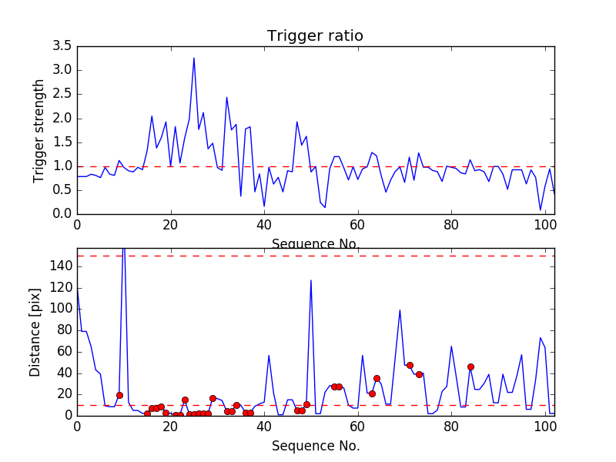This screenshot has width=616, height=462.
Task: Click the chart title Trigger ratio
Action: click(x=315, y=35)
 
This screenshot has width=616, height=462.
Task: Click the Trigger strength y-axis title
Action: click(x=39, y=131)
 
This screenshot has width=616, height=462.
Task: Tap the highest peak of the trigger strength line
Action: click(x=194, y=58)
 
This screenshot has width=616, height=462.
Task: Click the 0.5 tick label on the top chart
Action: click(x=62, y=190)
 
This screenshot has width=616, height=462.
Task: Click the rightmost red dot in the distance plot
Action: click(x=470, y=367)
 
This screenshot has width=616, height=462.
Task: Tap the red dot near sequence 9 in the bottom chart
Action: click(x=119, y=395)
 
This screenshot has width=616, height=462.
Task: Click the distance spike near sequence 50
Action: click(x=311, y=280)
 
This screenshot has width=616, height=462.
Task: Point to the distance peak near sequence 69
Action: click(x=400, y=310)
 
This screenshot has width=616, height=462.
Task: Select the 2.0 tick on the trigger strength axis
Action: click(x=62, y=119)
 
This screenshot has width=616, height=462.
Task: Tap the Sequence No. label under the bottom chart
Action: click(x=316, y=446)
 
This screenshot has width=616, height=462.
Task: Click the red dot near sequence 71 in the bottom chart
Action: click(x=410, y=365)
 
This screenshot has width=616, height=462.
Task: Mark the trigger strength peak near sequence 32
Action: click(x=226, y=97)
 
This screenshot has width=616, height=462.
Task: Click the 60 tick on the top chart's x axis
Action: click(x=357, y=224)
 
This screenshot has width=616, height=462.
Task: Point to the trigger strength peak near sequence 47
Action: click(x=297, y=122)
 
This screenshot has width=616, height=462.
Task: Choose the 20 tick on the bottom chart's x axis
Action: click(x=170, y=426)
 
